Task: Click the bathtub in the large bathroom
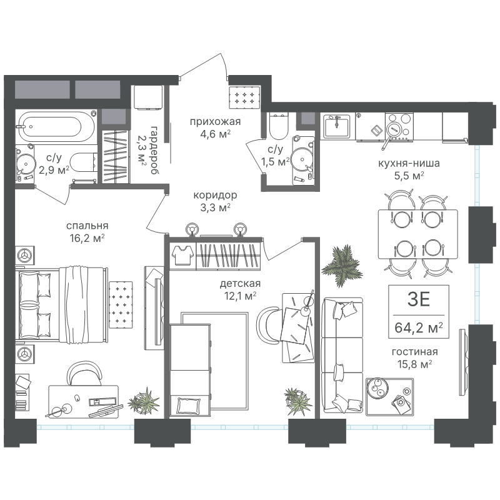pos(56,127)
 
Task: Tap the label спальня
pos(87,226)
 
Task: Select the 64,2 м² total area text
pos(418,327)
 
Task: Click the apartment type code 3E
pos(419,299)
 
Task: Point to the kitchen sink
pos(337,126)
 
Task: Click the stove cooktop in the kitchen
pos(399,126)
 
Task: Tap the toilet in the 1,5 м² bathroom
pos(278,126)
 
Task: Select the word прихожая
pos(215,121)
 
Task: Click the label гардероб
pos(154,150)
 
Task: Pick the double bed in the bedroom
pos(62,304)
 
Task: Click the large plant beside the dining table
pos(341,266)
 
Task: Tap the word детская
pos(240,283)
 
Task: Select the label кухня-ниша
pos(409,163)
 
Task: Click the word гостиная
pos(414,352)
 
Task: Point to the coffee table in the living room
pos(389,397)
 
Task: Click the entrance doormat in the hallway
pos(244,97)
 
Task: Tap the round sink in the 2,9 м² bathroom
pos(25,164)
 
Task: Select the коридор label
pos(215,195)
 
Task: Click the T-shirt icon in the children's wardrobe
pos(182,255)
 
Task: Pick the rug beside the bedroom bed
pos(121,304)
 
